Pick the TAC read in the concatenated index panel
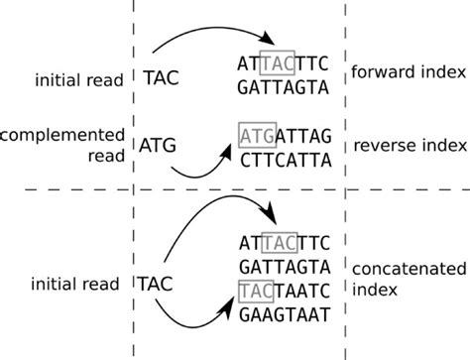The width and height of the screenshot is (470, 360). coord(161,283)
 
